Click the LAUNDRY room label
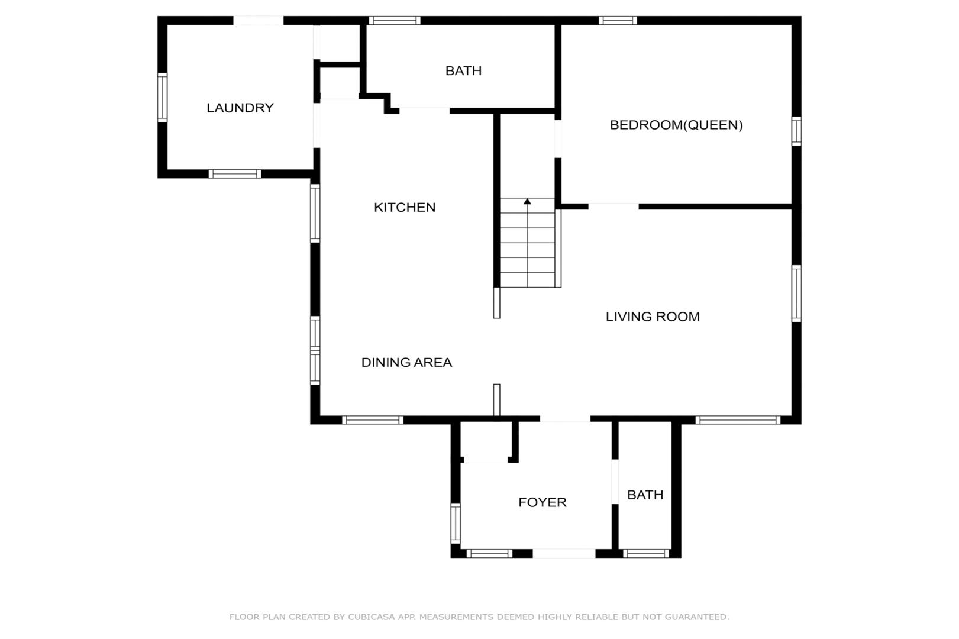click(x=240, y=108)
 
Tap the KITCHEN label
click(x=405, y=207)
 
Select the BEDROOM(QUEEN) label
click(x=676, y=125)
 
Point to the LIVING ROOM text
click(x=653, y=317)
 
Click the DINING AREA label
click(x=406, y=362)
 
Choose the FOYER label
click(x=543, y=502)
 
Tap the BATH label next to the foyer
click(x=645, y=495)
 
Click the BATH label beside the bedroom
click(x=463, y=70)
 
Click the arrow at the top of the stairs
click(x=528, y=201)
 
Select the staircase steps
click(x=528, y=243)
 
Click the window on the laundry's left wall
click(x=162, y=98)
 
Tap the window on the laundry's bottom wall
click(x=235, y=174)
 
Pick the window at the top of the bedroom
click(x=618, y=20)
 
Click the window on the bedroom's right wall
click(x=796, y=131)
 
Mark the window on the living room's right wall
click(x=796, y=293)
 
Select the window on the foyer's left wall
click(x=456, y=524)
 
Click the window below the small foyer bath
click(x=646, y=554)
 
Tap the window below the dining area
click(x=373, y=420)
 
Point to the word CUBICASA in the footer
click(x=371, y=617)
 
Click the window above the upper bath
click(x=394, y=20)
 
